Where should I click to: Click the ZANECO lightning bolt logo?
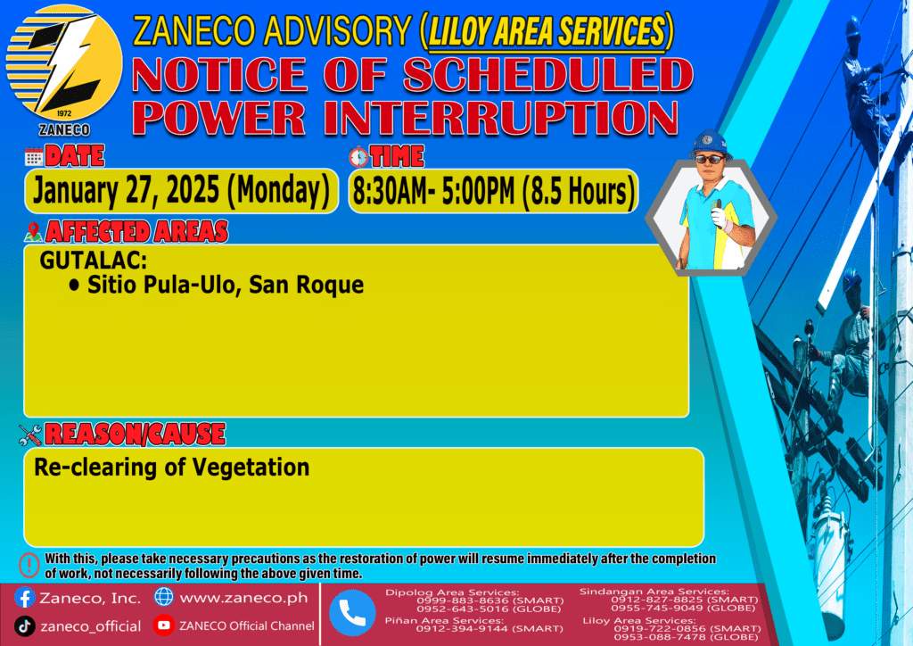(64, 63)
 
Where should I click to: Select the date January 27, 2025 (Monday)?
(181, 190)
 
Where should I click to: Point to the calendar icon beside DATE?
(34, 157)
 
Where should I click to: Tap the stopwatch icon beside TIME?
(358, 157)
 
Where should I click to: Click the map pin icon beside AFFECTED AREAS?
(33, 232)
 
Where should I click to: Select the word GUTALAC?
(93, 261)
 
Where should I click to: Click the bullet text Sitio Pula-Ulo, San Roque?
(226, 285)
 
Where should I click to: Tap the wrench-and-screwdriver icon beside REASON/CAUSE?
(30, 435)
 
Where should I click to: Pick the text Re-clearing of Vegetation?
(172, 468)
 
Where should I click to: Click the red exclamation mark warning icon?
(29, 565)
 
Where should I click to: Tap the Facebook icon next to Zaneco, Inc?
(24, 598)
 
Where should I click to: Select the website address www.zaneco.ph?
(243, 598)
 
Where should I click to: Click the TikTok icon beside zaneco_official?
(24, 626)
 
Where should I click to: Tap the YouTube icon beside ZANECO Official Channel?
(164, 625)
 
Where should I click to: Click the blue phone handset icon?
(352, 613)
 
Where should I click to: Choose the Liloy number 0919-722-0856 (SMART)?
(687, 628)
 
